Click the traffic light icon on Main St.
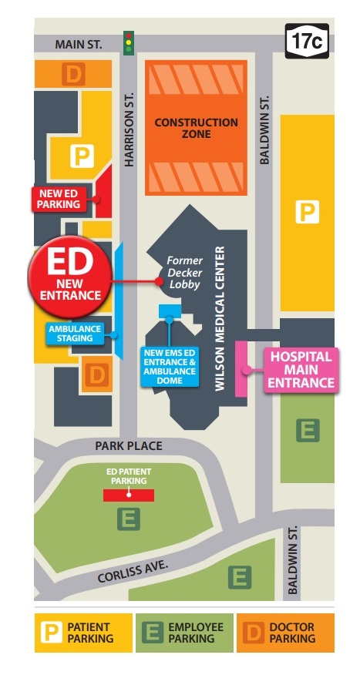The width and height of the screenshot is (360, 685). click(129, 43)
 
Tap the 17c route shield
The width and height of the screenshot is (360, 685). click(305, 41)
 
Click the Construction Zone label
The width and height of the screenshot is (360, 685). click(197, 128)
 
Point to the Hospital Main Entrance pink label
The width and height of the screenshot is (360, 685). click(301, 370)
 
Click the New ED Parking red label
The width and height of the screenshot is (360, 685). click(58, 199)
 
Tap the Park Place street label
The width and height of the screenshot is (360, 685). click(128, 446)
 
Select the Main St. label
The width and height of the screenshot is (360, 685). click(78, 45)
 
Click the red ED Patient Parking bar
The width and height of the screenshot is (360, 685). click(129, 495)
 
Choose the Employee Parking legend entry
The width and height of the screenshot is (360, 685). click(185, 633)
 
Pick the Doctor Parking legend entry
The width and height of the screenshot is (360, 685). click(284, 633)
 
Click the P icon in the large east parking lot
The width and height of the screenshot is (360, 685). click(308, 213)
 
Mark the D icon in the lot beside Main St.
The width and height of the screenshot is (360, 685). click(74, 75)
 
